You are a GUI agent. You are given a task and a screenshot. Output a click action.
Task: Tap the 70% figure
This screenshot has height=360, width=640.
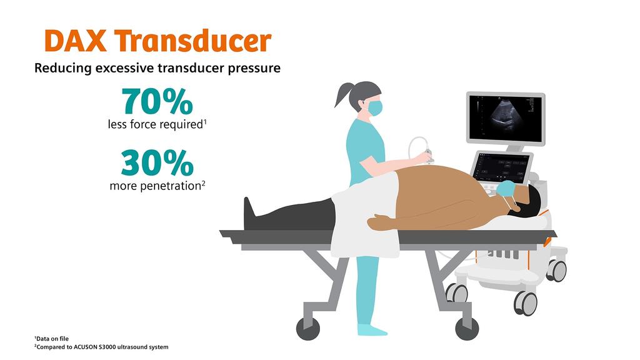[x=157, y=101]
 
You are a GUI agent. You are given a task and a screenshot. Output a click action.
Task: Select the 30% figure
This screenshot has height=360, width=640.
[x=157, y=162]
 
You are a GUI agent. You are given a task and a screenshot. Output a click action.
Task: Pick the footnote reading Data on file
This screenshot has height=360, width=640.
[x=53, y=338]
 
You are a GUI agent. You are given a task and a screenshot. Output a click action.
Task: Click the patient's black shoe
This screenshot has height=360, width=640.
[x=249, y=209]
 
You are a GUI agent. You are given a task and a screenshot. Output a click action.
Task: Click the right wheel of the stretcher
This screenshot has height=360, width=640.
[x=467, y=328]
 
